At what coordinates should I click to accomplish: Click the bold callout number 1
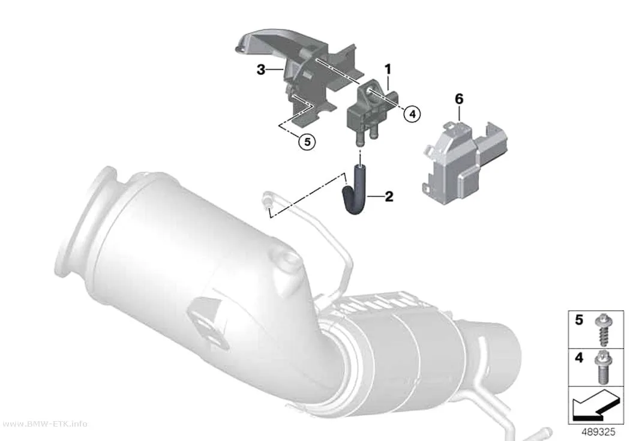point(388,70)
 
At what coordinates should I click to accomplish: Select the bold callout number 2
point(389,197)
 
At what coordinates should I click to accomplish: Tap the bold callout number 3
point(261,70)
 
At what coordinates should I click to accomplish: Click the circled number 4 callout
point(412,114)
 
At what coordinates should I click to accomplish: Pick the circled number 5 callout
point(307,142)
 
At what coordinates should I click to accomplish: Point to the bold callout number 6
point(459,99)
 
